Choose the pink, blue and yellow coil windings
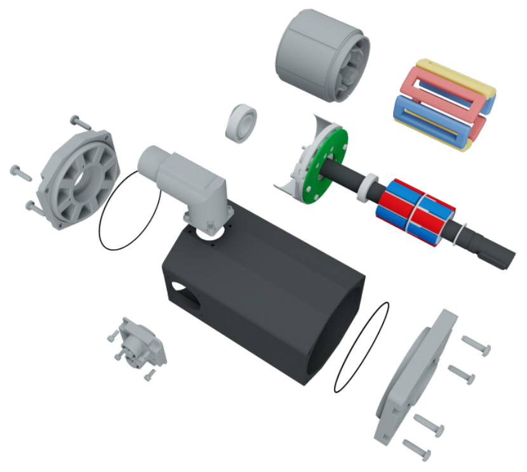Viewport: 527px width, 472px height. pos(444,105)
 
